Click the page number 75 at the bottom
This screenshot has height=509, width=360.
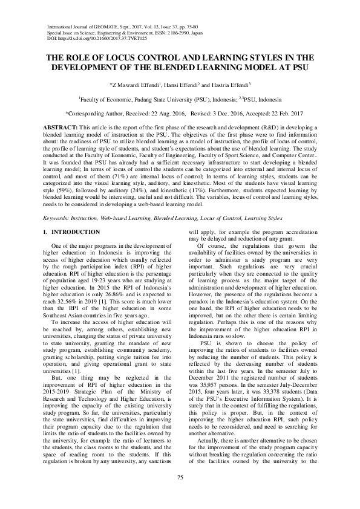[x=180, y=479]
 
